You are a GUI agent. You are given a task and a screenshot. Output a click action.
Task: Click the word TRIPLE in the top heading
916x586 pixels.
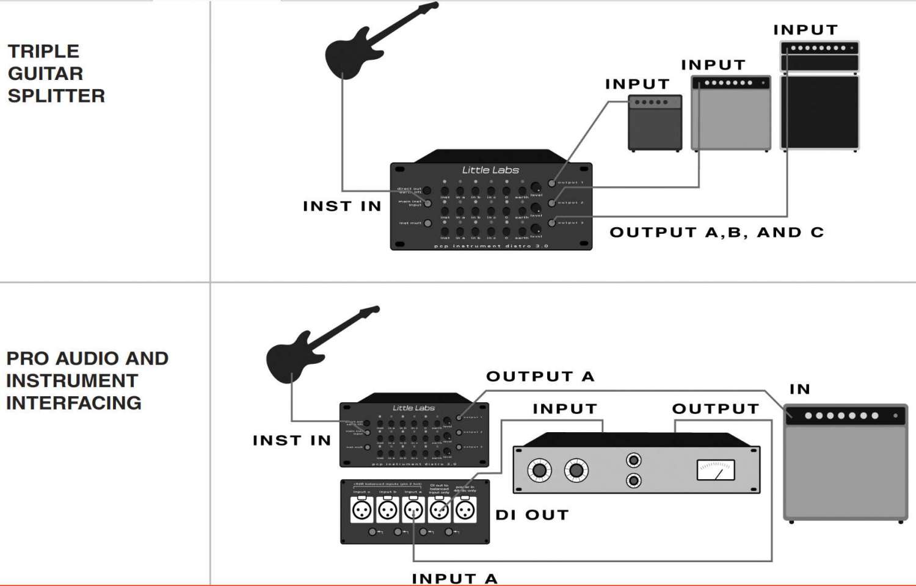click(43, 51)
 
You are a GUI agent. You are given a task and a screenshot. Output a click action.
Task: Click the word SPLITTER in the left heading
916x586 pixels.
click(56, 96)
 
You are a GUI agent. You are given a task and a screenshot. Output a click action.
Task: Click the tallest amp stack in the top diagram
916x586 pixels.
click(820, 96)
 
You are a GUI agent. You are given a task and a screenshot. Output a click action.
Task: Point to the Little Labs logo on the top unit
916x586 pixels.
click(490, 170)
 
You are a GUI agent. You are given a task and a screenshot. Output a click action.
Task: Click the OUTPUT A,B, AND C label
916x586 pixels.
click(716, 233)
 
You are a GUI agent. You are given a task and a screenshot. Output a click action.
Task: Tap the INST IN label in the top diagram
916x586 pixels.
click(342, 206)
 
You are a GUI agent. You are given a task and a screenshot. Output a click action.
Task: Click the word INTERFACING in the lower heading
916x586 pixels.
click(74, 403)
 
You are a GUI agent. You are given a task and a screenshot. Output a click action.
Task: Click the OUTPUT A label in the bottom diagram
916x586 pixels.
click(540, 377)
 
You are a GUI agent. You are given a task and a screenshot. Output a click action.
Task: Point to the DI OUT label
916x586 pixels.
click(532, 515)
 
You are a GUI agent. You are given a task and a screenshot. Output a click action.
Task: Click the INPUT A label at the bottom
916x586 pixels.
click(454, 579)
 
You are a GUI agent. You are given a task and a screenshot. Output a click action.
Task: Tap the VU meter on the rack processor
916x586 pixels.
click(715, 470)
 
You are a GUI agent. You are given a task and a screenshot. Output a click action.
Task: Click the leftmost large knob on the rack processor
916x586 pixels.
click(539, 470)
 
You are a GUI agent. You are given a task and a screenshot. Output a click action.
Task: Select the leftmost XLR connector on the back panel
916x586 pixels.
click(362, 510)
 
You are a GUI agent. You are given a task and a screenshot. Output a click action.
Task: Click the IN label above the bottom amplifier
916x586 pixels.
click(799, 389)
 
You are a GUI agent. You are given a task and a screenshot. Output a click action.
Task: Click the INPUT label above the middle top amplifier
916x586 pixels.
click(713, 65)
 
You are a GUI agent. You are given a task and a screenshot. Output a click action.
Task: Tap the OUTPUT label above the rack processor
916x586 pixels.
click(715, 409)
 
